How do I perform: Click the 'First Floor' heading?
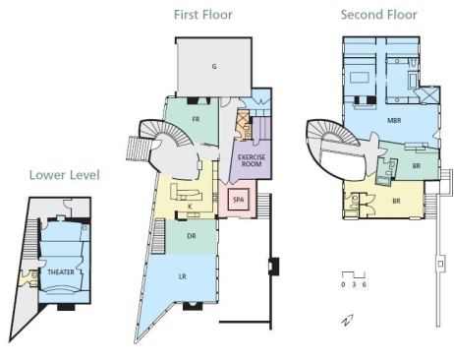[x=203, y=15]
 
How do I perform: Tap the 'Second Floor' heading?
[x=378, y=15]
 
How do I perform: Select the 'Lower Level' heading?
[x=65, y=175]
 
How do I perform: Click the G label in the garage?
[x=214, y=67]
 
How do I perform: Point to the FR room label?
[x=196, y=119]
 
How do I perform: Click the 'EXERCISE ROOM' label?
[x=252, y=160]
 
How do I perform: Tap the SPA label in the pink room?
[x=239, y=199]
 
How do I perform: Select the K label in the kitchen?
[x=190, y=207]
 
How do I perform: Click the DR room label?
[x=192, y=236]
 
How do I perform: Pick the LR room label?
[x=183, y=276]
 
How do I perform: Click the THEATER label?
[x=61, y=271]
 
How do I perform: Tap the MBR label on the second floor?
[x=394, y=120]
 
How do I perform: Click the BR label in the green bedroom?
[x=417, y=165]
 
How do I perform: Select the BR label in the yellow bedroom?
[x=396, y=201]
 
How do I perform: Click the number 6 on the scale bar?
[x=365, y=284]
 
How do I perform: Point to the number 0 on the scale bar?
[x=343, y=284]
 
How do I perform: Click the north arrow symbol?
[x=348, y=321]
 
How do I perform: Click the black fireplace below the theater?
[x=66, y=307]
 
